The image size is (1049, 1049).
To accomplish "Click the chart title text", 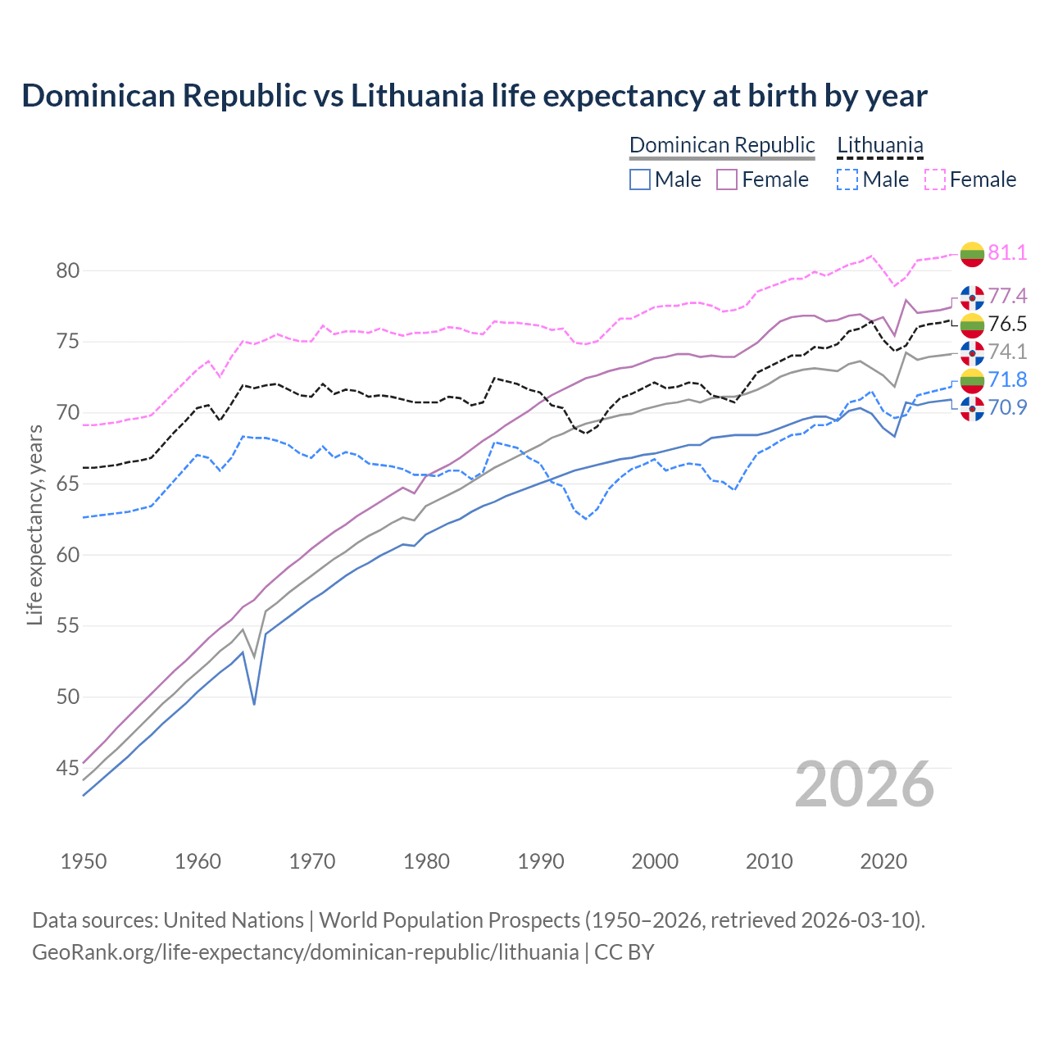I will tap(474, 96).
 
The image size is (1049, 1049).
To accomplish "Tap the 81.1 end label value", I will tap(1007, 252).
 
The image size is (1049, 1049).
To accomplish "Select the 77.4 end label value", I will tap(1007, 296).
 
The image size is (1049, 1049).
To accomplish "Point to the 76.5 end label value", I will tap(1007, 324).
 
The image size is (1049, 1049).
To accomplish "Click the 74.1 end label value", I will tap(1007, 352).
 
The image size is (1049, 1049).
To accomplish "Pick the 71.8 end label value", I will tap(1007, 379).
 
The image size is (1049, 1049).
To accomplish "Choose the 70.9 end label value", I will tap(1007, 407).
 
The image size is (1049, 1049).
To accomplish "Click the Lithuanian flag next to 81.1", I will tap(972, 253).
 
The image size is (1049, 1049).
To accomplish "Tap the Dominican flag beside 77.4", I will tap(972, 297).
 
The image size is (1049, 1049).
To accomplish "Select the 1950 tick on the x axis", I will tap(84, 861).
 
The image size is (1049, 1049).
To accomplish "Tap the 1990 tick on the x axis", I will tap(541, 861).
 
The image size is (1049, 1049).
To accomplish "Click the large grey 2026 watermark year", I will tap(864, 784).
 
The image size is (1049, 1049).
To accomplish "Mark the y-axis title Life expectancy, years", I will tap(34, 524).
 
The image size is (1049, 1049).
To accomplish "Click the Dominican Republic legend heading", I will tap(722, 145).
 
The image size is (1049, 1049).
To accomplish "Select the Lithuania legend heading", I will tap(879, 145).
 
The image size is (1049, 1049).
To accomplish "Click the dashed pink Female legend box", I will tap(934, 179).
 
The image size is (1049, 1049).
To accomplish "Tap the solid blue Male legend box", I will tap(640, 179).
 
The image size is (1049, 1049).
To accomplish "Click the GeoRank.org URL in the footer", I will tap(305, 952).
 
